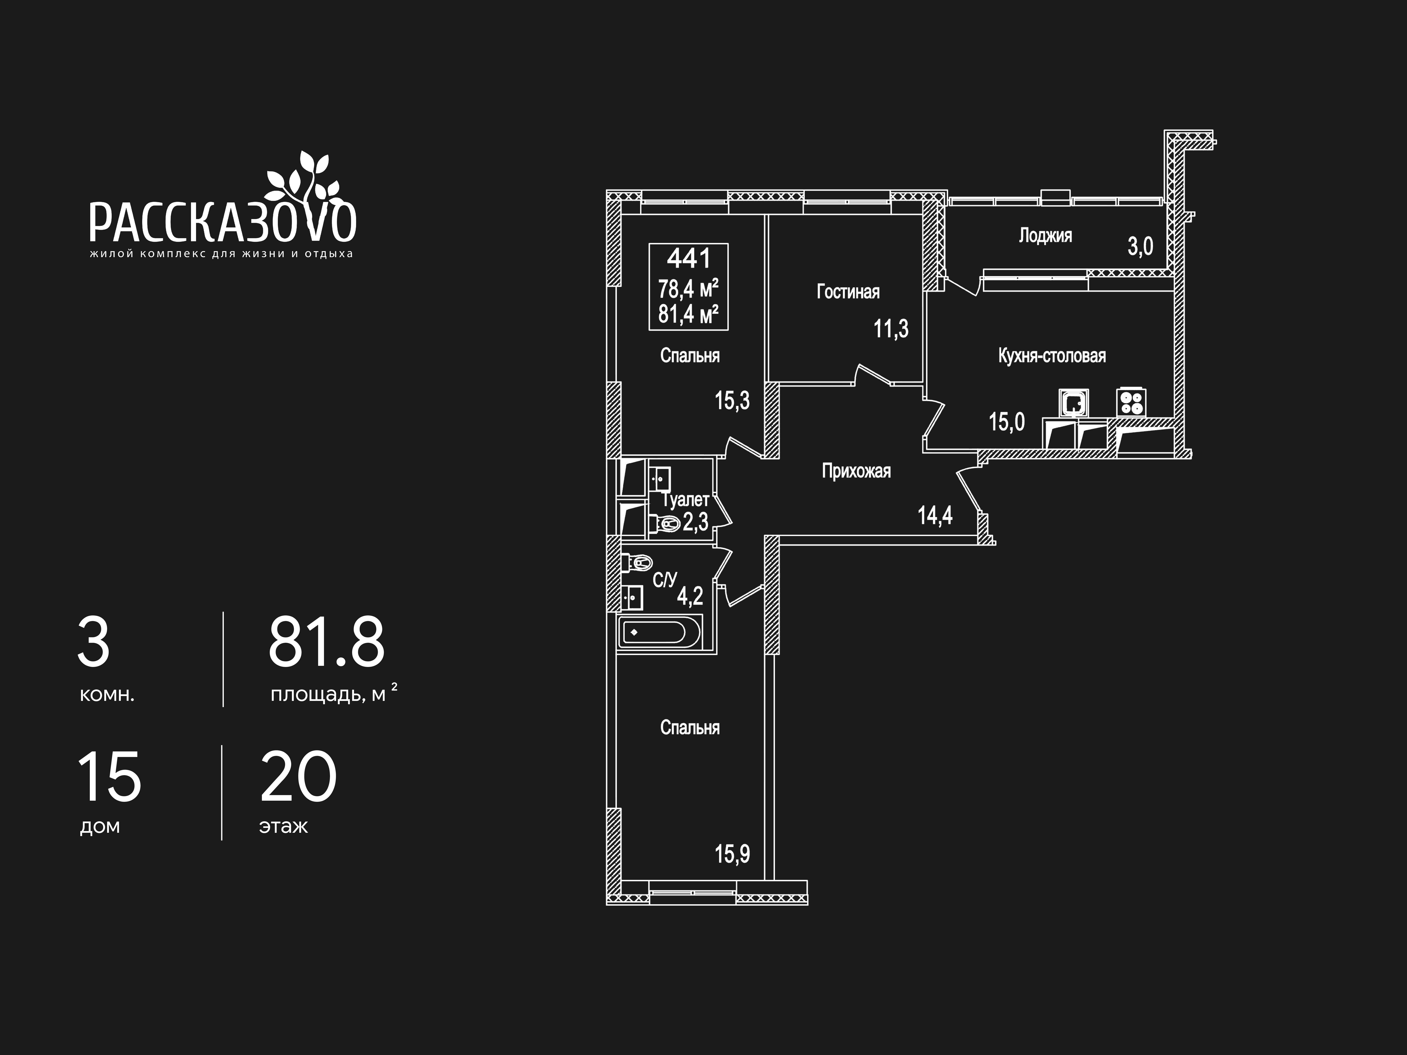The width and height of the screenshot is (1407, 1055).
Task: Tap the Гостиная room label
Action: pyautogui.click(x=848, y=292)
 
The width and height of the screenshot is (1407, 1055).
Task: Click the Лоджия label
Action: pyautogui.click(x=1045, y=236)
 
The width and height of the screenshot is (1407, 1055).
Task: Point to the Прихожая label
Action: pyautogui.click(x=856, y=471)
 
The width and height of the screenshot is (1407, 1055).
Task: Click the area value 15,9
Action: pyautogui.click(x=732, y=854)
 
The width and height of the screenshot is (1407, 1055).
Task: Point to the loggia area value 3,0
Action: pyautogui.click(x=1140, y=246)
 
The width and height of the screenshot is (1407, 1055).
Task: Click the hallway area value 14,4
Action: pyautogui.click(x=935, y=515)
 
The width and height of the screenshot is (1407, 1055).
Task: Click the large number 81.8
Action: pyautogui.click(x=326, y=642)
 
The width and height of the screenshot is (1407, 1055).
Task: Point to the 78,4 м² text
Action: pyautogui.click(x=688, y=289)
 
